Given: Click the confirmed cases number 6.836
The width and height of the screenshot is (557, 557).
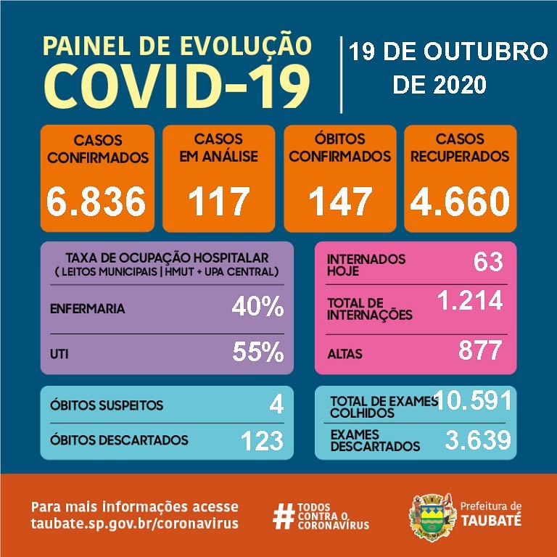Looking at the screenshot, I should point(96,202).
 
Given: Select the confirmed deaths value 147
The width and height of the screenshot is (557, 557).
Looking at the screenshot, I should point(340,202).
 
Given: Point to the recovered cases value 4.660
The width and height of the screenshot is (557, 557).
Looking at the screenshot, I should point(459,202).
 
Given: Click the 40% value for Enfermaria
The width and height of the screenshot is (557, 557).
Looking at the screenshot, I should point(257,308).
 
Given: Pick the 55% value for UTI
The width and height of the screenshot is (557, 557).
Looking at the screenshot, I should point(257,352).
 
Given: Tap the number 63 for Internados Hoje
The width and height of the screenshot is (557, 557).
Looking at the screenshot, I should point(487,261).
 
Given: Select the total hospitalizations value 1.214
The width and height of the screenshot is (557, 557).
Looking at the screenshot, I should point(469,300).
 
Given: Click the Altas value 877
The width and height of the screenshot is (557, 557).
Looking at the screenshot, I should point(480,350).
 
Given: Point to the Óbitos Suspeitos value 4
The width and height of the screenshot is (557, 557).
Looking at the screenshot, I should point(276,404).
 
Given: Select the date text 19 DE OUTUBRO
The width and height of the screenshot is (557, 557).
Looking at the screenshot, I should point(447,52).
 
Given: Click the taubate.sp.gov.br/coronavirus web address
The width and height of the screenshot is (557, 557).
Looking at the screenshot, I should point(134,524).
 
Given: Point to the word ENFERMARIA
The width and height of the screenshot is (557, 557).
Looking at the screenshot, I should point(87,309).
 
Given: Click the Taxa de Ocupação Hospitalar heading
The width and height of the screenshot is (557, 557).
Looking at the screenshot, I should point(167,258).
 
